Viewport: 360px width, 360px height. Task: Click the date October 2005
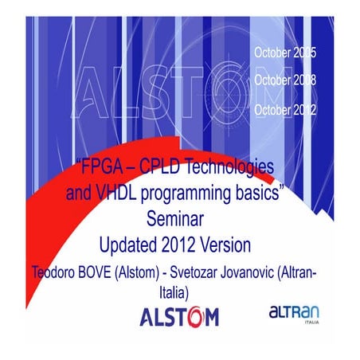point(284,53)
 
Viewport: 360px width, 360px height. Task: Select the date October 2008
point(284,80)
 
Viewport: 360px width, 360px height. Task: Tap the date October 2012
point(284,109)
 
